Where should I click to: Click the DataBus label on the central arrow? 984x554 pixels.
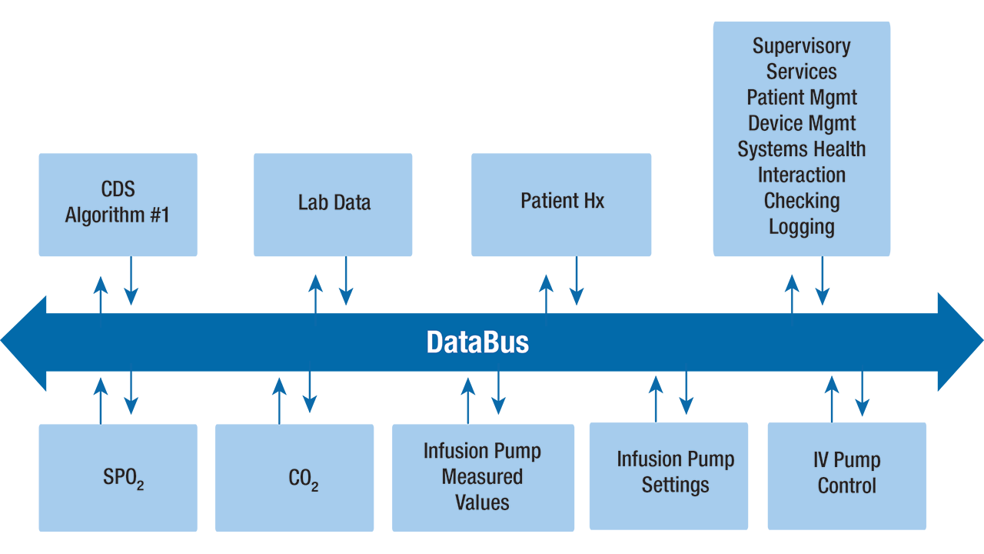477,342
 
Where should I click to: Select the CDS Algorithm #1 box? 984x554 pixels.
118,204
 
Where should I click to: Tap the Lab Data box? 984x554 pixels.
333,204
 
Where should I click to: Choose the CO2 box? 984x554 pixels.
294,477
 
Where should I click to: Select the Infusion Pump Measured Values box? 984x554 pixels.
483,477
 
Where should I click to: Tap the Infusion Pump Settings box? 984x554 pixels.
668,474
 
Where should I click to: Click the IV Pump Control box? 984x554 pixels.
846,474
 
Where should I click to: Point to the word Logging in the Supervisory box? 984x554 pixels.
801,227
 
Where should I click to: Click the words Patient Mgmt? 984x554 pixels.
801,98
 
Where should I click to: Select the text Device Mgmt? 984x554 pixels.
801,123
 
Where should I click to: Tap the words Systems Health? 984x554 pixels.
801,149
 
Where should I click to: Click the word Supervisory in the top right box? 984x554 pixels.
801,46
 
